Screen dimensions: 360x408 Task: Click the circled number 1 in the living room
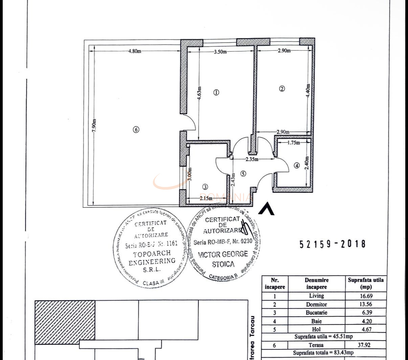pyautogui.click(x=217, y=92)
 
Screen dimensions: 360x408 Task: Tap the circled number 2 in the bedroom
pyautogui.click(x=282, y=89)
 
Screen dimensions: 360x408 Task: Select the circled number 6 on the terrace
pyautogui.click(x=136, y=129)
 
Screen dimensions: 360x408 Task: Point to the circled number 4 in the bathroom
pyautogui.click(x=297, y=166)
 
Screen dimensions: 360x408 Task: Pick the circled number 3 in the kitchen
pyautogui.click(x=205, y=186)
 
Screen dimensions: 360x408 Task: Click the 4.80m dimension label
pyautogui.click(x=135, y=51)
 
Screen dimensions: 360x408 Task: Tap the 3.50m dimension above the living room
pyautogui.click(x=220, y=52)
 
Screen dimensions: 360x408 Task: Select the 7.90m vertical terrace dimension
pyautogui.click(x=95, y=125)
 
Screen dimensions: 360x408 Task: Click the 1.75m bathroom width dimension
pyautogui.click(x=293, y=143)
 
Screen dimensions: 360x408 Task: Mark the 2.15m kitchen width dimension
pyautogui.click(x=206, y=198)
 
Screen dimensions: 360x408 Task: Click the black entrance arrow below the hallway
pyautogui.click(x=266, y=209)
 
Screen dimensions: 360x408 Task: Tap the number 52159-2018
pyautogui.click(x=333, y=244)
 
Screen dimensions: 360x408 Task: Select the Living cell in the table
pyautogui.click(x=316, y=296)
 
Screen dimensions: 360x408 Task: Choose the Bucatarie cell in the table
pyautogui.click(x=316, y=313)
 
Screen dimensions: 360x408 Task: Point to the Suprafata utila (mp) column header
pyautogui.click(x=366, y=284)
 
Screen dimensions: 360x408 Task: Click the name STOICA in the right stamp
pyautogui.click(x=223, y=264)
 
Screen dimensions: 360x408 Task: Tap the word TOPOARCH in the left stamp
pyautogui.click(x=152, y=253)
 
